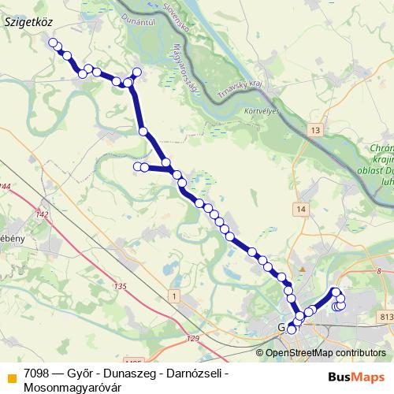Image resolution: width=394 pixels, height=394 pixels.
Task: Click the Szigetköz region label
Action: [x=28, y=23]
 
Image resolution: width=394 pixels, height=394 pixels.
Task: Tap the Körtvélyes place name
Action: [x=262, y=111]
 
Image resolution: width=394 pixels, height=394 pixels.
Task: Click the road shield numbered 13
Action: [x=316, y=130]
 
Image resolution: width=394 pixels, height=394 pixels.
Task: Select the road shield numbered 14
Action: [x=301, y=208]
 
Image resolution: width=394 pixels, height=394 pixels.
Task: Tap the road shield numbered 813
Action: [x=385, y=317]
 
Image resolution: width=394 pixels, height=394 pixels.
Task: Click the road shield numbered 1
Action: [x=172, y=295]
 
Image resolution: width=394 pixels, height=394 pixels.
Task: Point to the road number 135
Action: [x=120, y=286]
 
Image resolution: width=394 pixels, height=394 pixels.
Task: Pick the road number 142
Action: [x=43, y=214]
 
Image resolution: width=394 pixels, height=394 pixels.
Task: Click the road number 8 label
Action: [x=380, y=271]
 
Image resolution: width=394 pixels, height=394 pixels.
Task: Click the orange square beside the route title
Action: [x=10, y=376]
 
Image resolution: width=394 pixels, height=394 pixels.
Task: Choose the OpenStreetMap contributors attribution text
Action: [x=325, y=353]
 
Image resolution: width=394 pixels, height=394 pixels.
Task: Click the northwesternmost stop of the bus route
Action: [x=53, y=43]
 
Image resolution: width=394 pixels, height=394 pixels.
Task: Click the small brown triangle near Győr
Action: [x=302, y=270]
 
